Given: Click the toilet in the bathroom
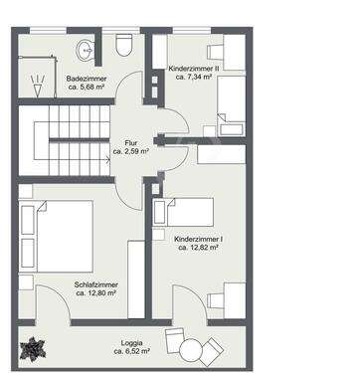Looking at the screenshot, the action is click(124, 45).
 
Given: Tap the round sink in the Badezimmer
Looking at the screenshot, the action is click(86, 51).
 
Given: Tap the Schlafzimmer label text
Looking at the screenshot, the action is click(95, 285).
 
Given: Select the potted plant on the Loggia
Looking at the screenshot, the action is click(33, 349).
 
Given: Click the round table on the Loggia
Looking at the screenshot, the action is click(191, 349).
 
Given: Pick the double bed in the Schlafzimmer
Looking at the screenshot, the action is click(56, 237).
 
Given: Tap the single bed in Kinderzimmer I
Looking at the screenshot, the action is click(183, 212).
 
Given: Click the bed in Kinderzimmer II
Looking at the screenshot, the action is click(232, 105).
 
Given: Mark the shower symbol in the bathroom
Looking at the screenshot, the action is click(38, 86).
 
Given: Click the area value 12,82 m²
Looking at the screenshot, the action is click(198, 247).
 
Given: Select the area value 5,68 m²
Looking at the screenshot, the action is click(87, 87).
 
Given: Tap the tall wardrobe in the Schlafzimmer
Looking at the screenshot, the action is click(136, 280).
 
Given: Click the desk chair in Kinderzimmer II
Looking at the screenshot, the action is click(216, 52).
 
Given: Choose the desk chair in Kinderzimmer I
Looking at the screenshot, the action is click(216, 300).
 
